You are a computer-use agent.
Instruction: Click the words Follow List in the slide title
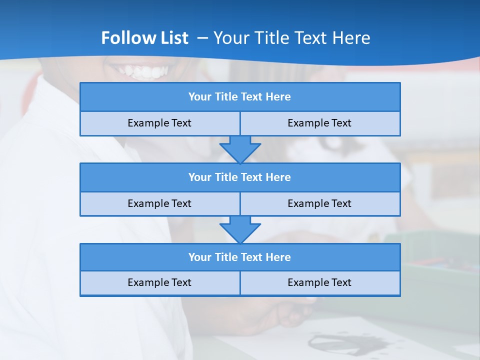(x=144, y=38)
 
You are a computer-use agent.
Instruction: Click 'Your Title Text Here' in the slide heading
(x=291, y=38)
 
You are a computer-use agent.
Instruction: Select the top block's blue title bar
(x=240, y=97)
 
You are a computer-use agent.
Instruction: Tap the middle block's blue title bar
(x=240, y=177)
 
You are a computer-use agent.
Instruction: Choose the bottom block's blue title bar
(x=240, y=257)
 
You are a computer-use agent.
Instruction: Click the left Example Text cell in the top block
(x=159, y=123)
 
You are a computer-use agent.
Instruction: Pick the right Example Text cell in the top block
(x=319, y=123)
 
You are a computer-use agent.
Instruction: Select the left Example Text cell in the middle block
(x=159, y=203)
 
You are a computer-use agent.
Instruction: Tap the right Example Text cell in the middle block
(x=319, y=203)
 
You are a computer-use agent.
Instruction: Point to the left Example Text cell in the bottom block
(x=159, y=282)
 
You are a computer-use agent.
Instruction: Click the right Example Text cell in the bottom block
(x=319, y=282)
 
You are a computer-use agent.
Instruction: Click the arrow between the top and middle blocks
(x=240, y=149)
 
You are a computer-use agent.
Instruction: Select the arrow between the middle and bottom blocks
(x=240, y=229)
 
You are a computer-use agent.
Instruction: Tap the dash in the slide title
(x=202, y=38)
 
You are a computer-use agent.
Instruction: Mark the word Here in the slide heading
(x=351, y=38)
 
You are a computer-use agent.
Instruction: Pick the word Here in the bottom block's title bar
(x=278, y=257)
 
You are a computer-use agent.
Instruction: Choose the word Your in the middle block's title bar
(x=199, y=177)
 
